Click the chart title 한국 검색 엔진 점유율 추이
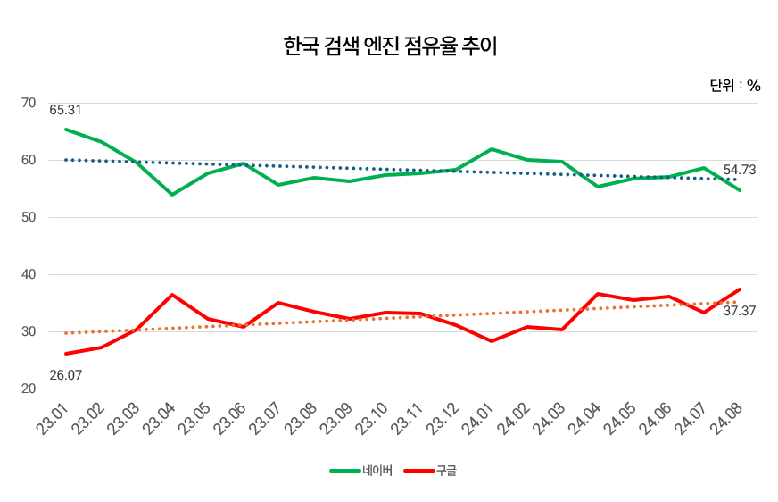(x=389, y=46)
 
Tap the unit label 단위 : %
(x=734, y=86)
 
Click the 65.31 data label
(x=65, y=111)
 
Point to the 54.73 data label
(x=740, y=170)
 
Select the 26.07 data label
(x=65, y=375)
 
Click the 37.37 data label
(x=740, y=311)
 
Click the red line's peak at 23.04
(x=172, y=295)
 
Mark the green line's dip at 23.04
(x=172, y=194)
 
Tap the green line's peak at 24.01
(x=492, y=149)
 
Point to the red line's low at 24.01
(x=492, y=341)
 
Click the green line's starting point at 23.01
(x=66, y=130)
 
